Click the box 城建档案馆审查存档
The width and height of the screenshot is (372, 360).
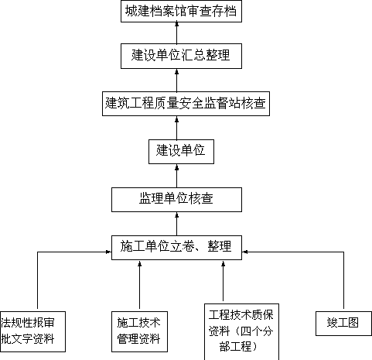[181, 11]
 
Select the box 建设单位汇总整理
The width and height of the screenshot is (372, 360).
[181, 56]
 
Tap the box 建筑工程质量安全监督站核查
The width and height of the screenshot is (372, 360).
[186, 104]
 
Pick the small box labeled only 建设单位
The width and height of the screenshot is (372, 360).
[181, 152]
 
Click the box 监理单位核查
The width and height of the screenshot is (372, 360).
[176, 200]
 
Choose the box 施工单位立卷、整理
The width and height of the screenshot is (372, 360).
[176, 248]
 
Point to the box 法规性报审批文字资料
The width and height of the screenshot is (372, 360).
[32, 331]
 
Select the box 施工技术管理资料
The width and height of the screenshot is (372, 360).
[139, 331]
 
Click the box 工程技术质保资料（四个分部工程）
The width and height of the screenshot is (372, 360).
[241, 331]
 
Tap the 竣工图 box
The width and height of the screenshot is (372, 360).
[343, 324]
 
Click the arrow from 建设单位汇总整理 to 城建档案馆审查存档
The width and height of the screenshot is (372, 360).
[177, 33]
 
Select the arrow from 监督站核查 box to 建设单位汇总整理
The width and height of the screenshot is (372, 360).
[177, 80]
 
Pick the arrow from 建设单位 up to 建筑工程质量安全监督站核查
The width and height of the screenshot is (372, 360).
[177, 128]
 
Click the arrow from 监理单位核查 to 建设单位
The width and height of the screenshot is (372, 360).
[177, 176]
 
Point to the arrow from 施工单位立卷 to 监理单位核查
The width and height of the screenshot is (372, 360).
[177, 224]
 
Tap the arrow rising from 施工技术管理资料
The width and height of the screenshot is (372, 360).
[140, 286]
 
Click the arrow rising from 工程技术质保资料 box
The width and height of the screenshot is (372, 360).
[224, 282]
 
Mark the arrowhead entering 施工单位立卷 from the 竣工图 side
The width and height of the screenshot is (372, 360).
[244, 252]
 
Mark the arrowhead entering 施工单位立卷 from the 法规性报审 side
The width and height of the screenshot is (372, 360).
[108, 252]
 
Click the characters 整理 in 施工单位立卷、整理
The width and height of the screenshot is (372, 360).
[220, 246]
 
